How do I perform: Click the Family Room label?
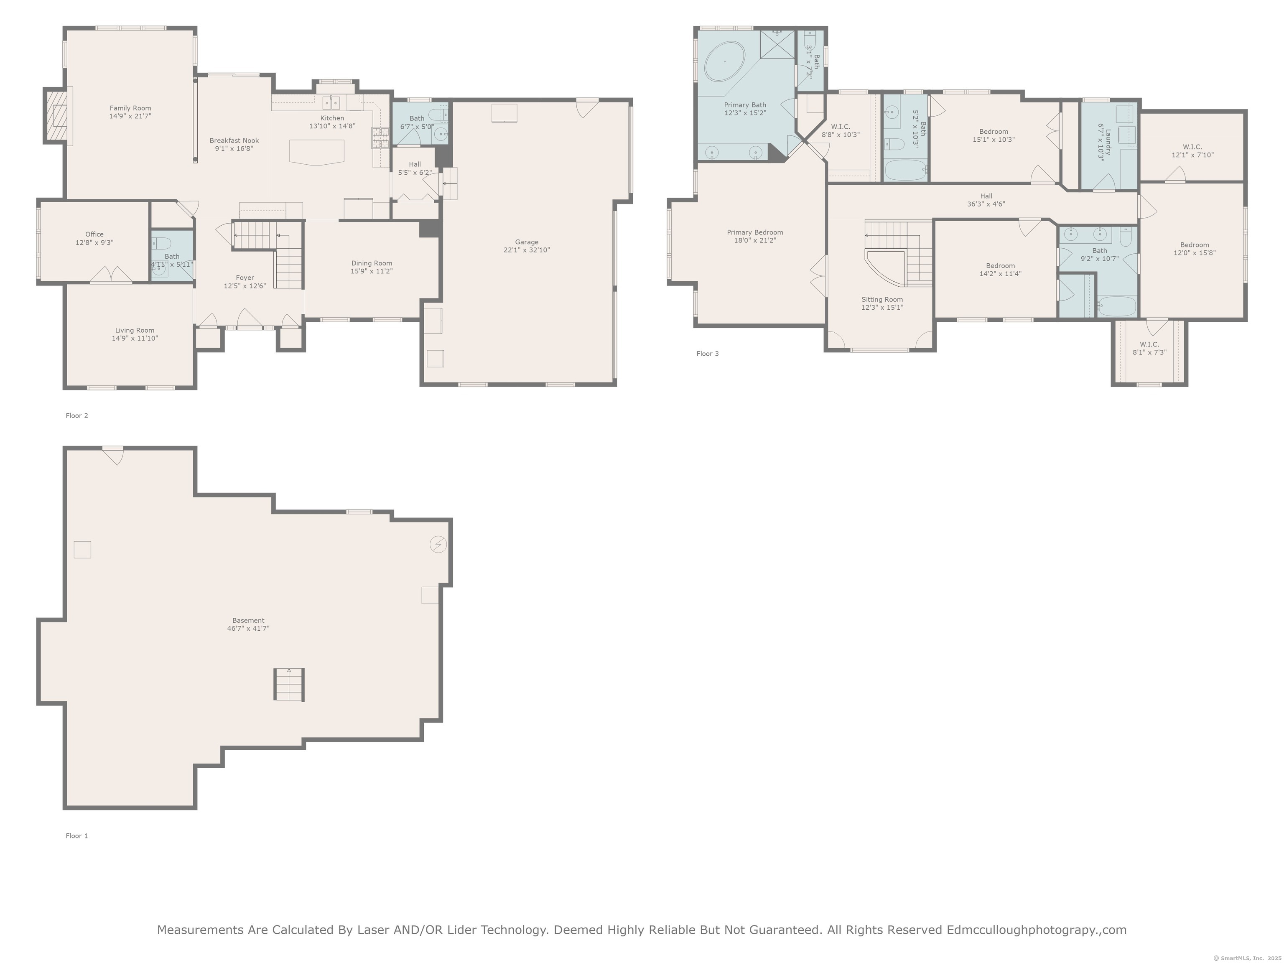tap(130, 108)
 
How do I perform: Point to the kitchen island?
tap(316, 152)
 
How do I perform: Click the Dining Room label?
tap(372, 263)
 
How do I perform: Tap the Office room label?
tap(94, 234)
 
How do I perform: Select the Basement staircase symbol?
tap(289, 684)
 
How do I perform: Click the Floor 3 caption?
tap(708, 354)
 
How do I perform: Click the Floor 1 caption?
tap(76, 836)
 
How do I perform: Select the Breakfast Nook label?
tap(234, 140)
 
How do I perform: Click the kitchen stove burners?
tap(380, 138)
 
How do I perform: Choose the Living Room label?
tap(135, 330)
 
